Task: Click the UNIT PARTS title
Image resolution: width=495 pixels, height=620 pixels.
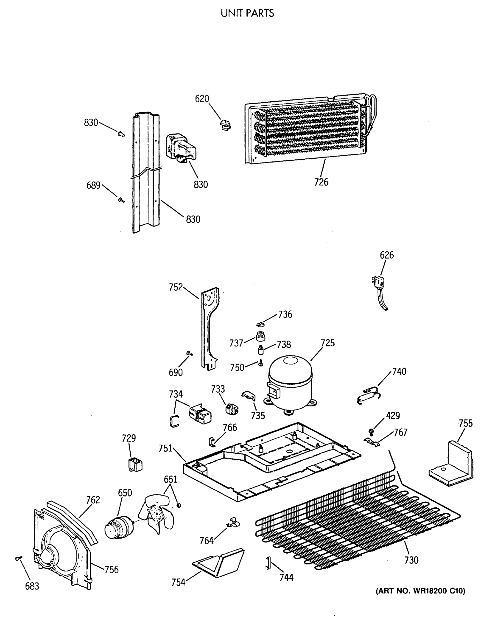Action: [x=247, y=13]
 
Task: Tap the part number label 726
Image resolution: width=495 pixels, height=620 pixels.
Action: [x=321, y=182]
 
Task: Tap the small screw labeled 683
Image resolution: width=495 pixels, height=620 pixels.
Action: [x=18, y=559]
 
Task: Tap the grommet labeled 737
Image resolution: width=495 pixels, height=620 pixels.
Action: [x=260, y=336]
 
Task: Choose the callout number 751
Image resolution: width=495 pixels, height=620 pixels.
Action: [x=165, y=448]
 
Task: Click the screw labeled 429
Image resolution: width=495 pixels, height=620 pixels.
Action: [x=371, y=431]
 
